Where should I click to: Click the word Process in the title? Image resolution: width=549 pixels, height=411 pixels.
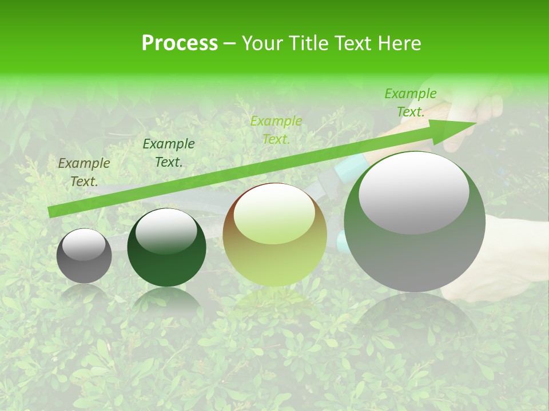(x=180, y=43)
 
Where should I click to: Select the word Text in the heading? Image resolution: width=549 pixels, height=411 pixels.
(x=353, y=43)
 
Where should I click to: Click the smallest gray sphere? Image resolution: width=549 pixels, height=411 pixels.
(x=84, y=256)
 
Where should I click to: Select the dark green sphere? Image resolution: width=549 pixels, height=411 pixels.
(x=166, y=248)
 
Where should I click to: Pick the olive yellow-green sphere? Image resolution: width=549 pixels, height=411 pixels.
(x=274, y=235)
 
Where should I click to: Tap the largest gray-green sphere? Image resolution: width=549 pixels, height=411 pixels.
(x=415, y=223)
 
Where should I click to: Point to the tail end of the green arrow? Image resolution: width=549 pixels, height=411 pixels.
(x=51, y=212)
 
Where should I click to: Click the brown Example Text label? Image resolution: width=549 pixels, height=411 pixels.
(x=84, y=172)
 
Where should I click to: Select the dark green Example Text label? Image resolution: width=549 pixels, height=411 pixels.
(x=169, y=153)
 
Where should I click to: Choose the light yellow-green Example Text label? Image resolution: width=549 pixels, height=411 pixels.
(x=276, y=130)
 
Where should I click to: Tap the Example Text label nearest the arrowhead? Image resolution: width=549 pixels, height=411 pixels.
(x=411, y=103)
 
